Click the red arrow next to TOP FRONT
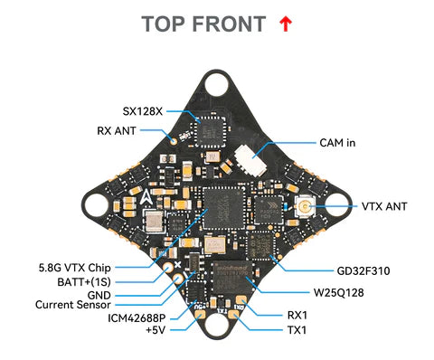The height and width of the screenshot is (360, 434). tap(286, 24)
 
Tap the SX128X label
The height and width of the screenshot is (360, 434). tap(144, 112)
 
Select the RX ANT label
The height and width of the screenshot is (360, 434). tap(118, 130)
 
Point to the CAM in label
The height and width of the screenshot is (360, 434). tap(340, 143)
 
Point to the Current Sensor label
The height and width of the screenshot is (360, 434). tap(73, 306)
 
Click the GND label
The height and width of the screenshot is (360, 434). tap(100, 294)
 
